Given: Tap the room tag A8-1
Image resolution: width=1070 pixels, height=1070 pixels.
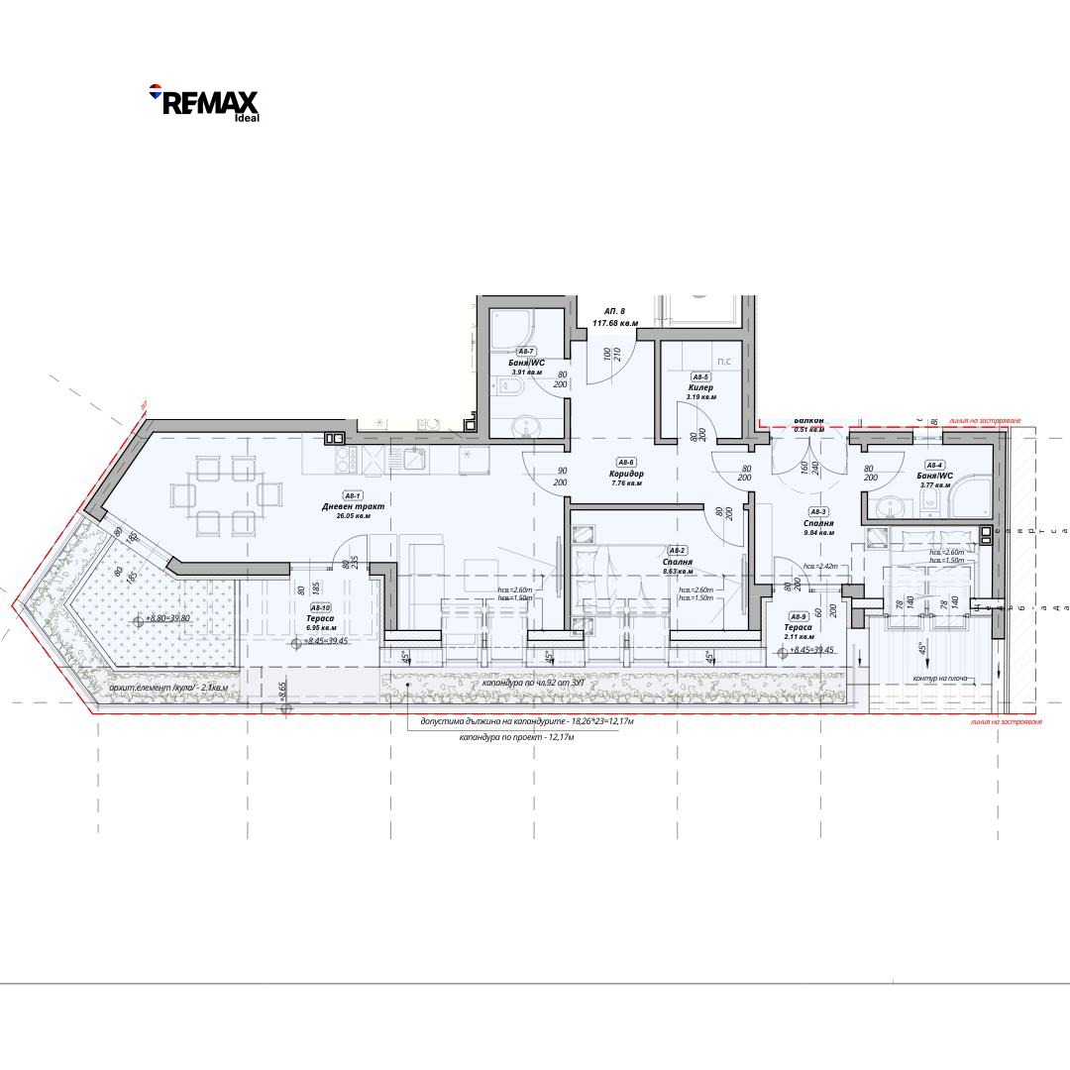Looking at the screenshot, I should point(353,495).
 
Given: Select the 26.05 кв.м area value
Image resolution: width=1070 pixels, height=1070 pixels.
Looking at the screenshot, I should point(353,516).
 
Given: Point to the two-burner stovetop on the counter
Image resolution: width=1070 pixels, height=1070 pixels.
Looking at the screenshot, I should point(346,459).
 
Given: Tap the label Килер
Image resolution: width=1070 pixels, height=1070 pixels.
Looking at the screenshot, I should point(700,387).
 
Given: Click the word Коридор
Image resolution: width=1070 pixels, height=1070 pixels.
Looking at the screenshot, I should point(627,474).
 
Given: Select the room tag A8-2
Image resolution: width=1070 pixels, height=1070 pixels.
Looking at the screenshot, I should point(678,551).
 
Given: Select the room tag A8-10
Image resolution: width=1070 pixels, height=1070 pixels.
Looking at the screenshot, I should point(320,608).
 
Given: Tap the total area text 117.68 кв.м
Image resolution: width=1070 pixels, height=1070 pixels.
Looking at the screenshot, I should point(615,323).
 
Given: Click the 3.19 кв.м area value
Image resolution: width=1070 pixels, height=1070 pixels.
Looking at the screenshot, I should point(700,397).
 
